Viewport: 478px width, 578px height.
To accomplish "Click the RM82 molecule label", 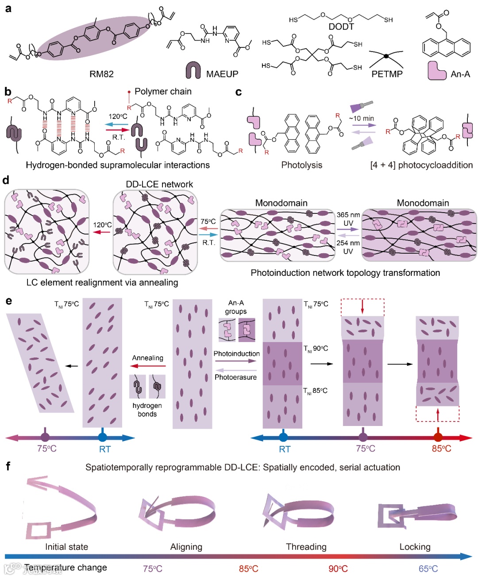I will (x=101, y=74).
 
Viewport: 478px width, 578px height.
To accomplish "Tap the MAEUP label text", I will (x=222, y=74).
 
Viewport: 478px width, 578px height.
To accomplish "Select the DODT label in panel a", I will (x=341, y=27).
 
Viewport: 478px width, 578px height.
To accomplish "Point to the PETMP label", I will (x=387, y=74).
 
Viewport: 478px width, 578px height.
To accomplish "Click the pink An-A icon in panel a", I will (x=436, y=70).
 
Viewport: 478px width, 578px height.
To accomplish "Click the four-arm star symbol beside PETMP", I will (x=386, y=57).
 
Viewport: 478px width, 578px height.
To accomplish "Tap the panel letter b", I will (x=8, y=91).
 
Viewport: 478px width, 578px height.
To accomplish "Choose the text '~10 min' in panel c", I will (x=362, y=118).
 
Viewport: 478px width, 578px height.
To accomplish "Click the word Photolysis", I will (x=301, y=165).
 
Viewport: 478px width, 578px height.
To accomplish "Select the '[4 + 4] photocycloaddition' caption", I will (x=421, y=165).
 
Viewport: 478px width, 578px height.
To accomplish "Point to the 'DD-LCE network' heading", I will (x=159, y=184).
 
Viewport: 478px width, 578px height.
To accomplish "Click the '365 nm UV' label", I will (x=348, y=219).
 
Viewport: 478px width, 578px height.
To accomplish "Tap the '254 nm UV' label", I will (x=348, y=247).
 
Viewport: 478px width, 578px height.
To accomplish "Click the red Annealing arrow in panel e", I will (x=148, y=366).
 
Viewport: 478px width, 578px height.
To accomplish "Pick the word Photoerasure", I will (x=235, y=377).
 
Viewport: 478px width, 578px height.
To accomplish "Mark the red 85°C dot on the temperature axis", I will (x=438, y=437).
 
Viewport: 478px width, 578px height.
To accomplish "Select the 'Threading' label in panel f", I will (x=306, y=547).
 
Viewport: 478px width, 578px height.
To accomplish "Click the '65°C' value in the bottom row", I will (x=428, y=569).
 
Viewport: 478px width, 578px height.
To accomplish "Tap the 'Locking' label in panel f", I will (x=415, y=547).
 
